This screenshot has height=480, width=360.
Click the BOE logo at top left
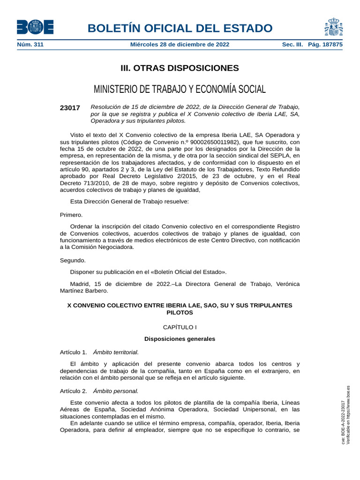click(x=35, y=27)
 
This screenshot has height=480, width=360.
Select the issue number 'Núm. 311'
click(x=30, y=45)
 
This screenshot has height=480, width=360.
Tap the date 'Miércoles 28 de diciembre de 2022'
click(x=180, y=45)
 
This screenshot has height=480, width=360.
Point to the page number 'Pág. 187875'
click(x=325, y=45)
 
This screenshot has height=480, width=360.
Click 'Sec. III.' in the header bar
click(x=292, y=45)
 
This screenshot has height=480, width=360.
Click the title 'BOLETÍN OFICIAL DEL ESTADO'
click(x=180, y=28)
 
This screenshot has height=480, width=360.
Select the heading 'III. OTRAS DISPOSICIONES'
click(x=180, y=68)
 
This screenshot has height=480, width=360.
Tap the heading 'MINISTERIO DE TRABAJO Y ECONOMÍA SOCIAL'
click(x=180, y=89)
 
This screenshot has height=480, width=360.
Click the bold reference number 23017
click(x=70, y=108)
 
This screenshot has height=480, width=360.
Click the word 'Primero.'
click(x=71, y=215)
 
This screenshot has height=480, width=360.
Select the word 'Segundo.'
click(x=73, y=260)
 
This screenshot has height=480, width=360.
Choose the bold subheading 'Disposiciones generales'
click(x=180, y=338)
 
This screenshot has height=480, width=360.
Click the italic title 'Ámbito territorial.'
click(x=116, y=352)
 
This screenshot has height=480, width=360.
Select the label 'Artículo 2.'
click(x=74, y=390)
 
